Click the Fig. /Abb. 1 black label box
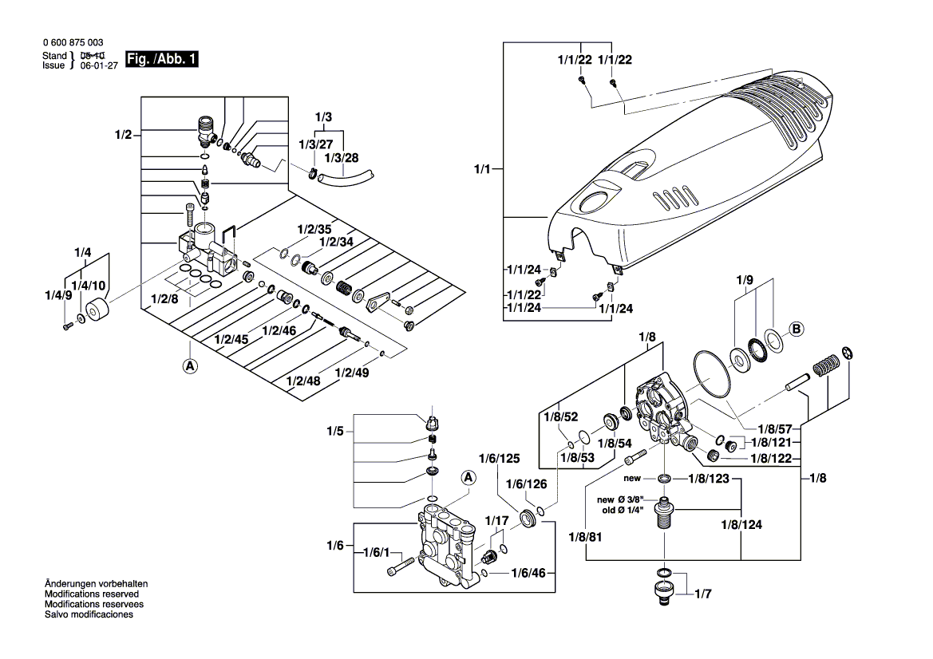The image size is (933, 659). point(163,60)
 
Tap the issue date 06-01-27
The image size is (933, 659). point(97,66)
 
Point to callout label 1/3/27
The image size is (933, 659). point(316,144)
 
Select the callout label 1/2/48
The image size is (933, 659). point(302,381)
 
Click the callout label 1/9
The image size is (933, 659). point(744,280)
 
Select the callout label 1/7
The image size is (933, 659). point(702,594)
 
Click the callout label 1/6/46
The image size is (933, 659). point(528,574)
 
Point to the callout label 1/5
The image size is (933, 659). point(334,432)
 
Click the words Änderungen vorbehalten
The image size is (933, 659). point(97,584)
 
